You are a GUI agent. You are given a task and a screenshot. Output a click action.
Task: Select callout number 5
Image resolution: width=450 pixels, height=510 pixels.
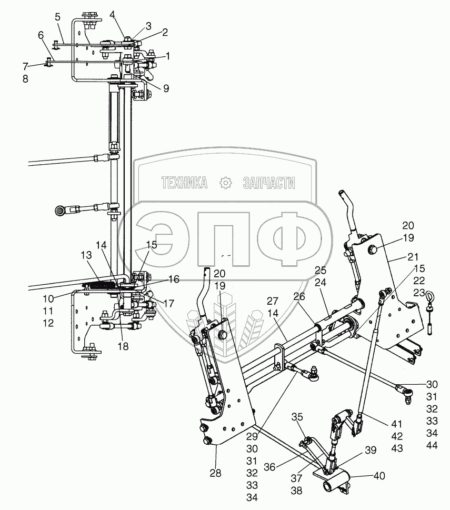[x=58, y=17]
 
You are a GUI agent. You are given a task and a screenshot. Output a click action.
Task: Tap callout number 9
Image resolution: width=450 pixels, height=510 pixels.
[x=166, y=89]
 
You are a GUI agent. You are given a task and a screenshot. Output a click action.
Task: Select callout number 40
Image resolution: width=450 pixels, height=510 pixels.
[x=379, y=476]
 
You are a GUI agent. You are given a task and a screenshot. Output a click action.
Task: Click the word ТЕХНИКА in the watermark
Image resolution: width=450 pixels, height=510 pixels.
[x=184, y=183]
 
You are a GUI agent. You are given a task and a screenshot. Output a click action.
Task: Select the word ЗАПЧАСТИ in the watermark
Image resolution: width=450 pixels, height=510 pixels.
[x=269, y=183]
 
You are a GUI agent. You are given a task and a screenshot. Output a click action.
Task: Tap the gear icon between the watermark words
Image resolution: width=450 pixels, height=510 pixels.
[x=226, y=183]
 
